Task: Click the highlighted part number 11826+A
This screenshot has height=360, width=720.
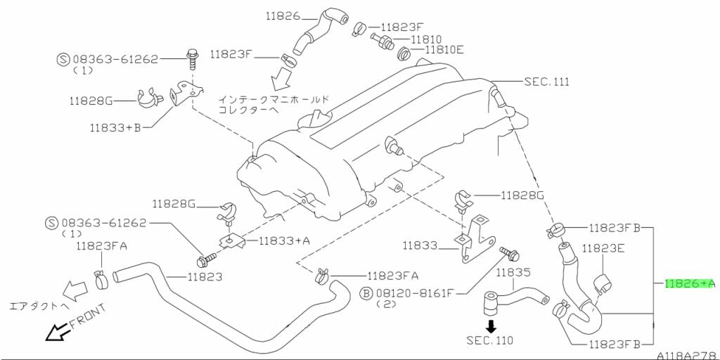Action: (689, 283)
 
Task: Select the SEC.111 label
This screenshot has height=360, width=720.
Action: (546, 82)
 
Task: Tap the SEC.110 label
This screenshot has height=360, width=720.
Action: (489, 341)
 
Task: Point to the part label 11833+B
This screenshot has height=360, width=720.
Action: (115, 128)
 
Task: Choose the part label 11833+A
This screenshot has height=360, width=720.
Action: (284, 240)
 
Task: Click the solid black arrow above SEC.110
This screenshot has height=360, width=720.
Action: (491, 326)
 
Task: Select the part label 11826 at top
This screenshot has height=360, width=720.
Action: (283, 15)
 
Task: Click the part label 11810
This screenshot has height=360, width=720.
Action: (426, 39)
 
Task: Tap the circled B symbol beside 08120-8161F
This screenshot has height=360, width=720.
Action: (366, 292)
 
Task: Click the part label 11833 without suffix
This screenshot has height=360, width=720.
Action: (421, 246)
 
